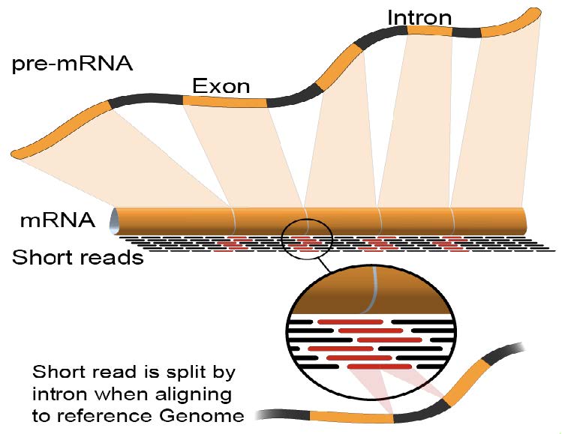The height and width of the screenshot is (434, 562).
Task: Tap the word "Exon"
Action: tap(221, 85)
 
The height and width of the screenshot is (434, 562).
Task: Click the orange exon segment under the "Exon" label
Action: tap(225, 101)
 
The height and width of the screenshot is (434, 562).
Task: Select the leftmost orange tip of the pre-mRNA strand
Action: tap(23, 153)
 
